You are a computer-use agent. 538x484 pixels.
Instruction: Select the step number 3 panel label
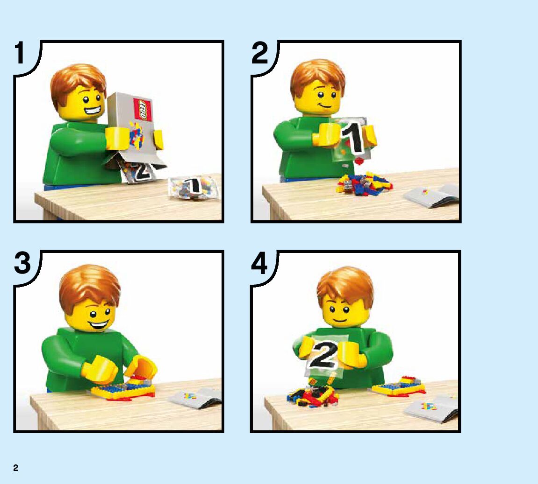pos(22,263)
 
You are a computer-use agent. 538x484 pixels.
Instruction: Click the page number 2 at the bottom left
pos(15,468)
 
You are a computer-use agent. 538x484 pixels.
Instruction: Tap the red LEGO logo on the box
pos(143,109)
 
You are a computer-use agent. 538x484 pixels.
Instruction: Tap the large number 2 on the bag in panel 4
pos(324,355)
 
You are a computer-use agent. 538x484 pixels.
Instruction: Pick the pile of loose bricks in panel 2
pos(364,184)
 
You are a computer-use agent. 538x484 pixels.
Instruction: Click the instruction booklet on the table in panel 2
pos(431,196)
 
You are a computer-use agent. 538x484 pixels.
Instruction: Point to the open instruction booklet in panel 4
pos(431,408)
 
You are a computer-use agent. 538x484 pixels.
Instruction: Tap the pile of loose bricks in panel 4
pos(313,397)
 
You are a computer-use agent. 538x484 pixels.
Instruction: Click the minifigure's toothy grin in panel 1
pos(92,111)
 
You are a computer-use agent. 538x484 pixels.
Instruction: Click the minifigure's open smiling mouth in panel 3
pos(100,324)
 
